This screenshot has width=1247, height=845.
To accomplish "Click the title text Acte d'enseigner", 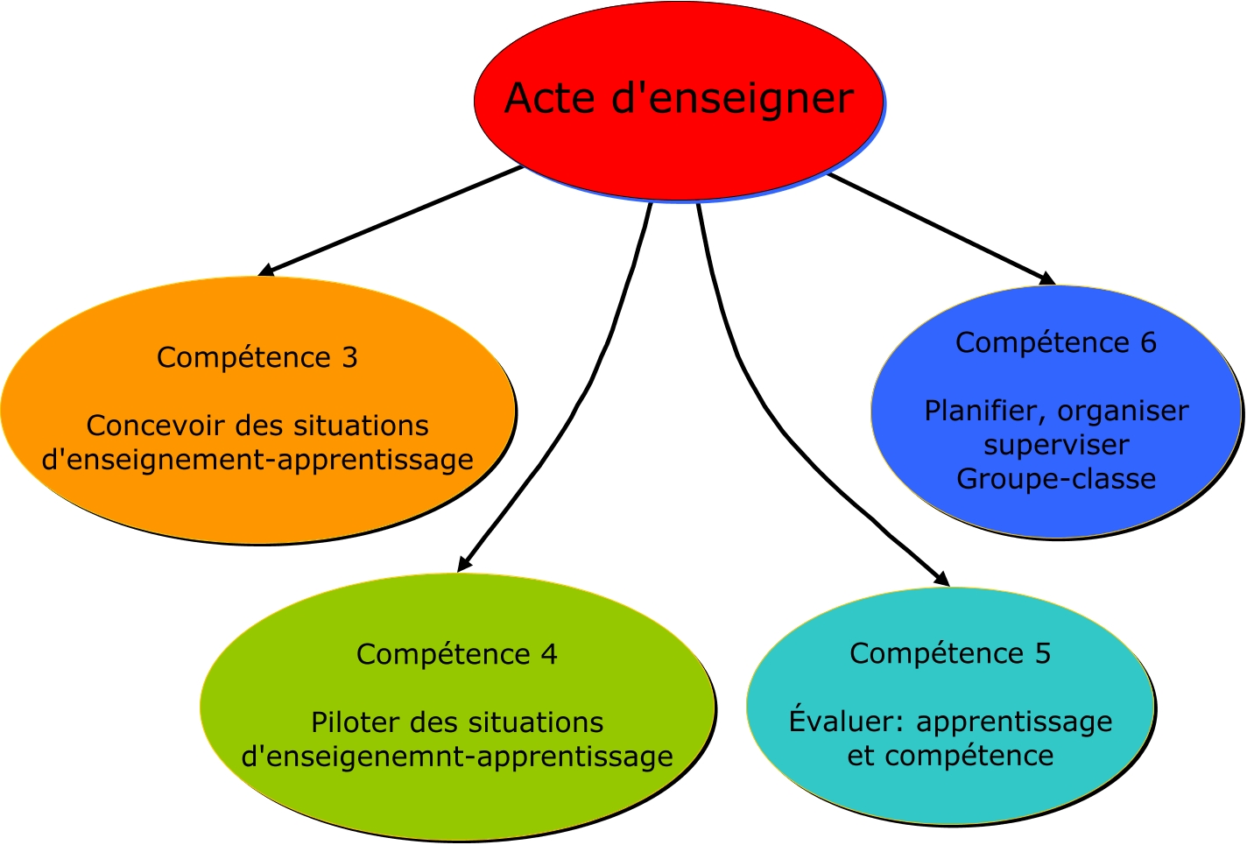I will tap(679, 98).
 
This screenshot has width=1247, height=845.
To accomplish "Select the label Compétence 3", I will tap(257, 358).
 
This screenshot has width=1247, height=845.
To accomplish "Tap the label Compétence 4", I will tap(456, 655).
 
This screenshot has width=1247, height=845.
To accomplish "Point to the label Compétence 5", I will tap(950, 654).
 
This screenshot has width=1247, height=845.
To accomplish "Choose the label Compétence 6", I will tap(1055, 343).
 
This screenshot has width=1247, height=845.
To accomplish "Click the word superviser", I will tap(1056, 445).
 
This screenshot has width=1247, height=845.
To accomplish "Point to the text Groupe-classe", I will tap(1056, 479).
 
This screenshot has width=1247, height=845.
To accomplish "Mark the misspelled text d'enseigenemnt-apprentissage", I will tap(457, 757).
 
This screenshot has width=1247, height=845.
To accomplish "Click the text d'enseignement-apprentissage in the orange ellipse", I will tap(257, 460).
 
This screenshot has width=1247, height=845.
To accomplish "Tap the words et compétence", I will tap(950, 756).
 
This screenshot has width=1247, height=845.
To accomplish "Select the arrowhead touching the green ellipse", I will tap(463, 565).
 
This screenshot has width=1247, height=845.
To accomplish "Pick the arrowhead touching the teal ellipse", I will tap(942, 579).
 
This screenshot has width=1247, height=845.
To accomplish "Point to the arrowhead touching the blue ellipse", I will tap(1047, 279).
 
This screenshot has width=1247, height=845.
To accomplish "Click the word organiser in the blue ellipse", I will tap(1123, 411).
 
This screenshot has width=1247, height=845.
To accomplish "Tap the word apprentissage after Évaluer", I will tap(1014, 722).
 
